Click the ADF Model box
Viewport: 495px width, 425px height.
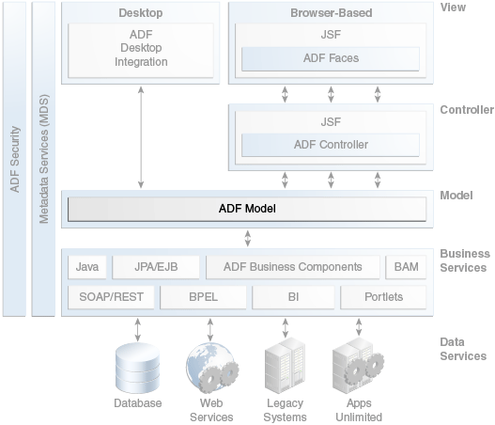pyautogui.click(x=247, y=209)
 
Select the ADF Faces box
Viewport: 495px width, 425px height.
pyautogui.click(x=331, y=58)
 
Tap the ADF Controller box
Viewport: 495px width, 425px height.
pyautogui.click(x=331, y=145)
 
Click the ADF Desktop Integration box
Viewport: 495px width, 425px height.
pyautogui.click(x=141, y=50)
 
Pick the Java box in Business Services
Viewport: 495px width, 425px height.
pyautogui.click(x=87, y=267)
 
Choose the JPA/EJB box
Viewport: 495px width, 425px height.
pyautogui.click(x=156, y=267)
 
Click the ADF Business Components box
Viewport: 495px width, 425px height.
pyautogui.click(x=293, y=267)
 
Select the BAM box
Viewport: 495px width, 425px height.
pyautogui.click(x=406, y=267)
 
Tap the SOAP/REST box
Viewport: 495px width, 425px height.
pyautogui.click(x=111, y=297)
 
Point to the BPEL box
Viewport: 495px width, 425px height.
pyautogui.click(x=203, y=297)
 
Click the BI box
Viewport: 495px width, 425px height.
pyautogui.click(x=293, y=297)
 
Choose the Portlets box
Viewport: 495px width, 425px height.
pyautogui.click(x=383, y=297)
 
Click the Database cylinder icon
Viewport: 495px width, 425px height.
pyautogui.click(x=138, y=368)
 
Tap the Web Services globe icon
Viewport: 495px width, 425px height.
pyautogui.click(x=212, y=369)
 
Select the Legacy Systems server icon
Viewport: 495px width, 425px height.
pyautogui.click(x=285, y=365)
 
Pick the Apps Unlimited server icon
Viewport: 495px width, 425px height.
pyautogui.click(x=358, y=365)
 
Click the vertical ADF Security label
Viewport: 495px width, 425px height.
pyautogui.click(x=15, y=159)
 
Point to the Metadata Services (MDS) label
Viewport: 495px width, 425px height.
pyautogui.click(x=44, y=159)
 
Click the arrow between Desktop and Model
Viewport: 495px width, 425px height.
pyautogui.click(x=141, y=137)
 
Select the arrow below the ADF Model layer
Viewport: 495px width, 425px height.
pyautogui.click(x=248, y=238)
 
